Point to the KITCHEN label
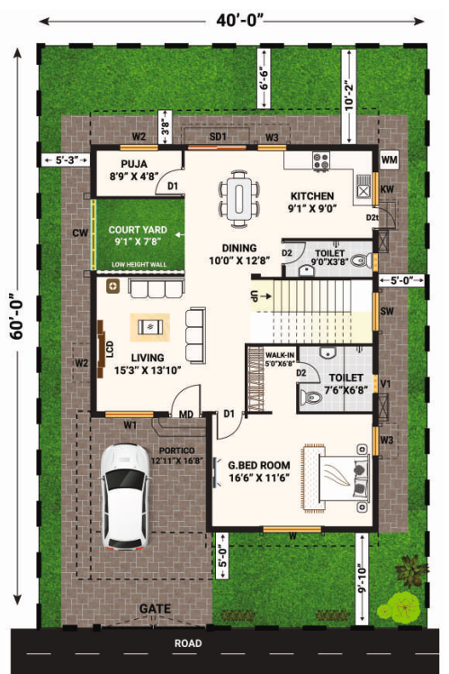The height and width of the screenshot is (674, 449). pos(312,196)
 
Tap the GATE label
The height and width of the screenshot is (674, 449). pos(155,609)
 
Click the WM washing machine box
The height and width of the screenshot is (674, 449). pos(388,160)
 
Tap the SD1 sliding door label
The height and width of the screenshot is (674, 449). pos(218,136)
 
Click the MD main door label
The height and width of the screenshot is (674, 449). pos(186,414)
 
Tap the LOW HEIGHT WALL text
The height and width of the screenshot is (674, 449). pos(140,264)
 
